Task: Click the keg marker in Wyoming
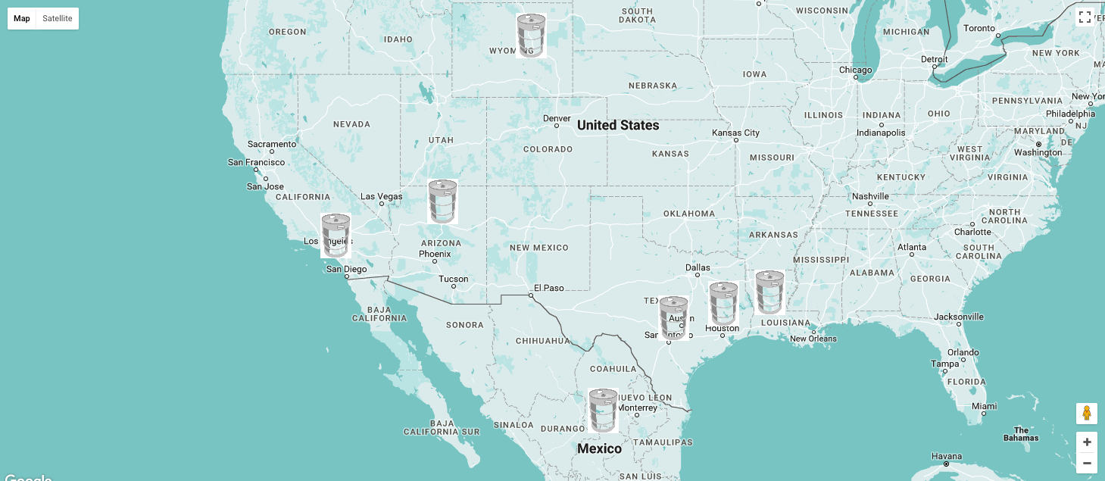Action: point(531,35)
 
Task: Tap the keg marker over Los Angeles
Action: point(336,236)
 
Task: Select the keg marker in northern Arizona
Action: point(442,201)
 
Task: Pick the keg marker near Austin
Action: point(673,317)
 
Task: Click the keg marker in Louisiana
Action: point(769,292)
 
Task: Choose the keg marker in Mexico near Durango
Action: point(604,411)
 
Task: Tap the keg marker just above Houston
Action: point(723,304)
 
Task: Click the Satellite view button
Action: point(58,18)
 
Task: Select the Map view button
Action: point(22,18)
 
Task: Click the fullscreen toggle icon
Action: point(1085,17)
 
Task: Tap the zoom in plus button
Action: point(1087,442)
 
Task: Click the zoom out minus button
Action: point(1087,463)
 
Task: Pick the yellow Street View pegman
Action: point(1087,414)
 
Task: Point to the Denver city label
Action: point(557,119)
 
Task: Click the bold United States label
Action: point(618,126)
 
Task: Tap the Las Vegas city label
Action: point(382,197)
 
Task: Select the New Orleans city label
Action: point(813,339)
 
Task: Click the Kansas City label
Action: point(735,133)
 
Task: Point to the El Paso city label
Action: point(549,288)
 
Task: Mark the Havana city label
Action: point(947,456)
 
